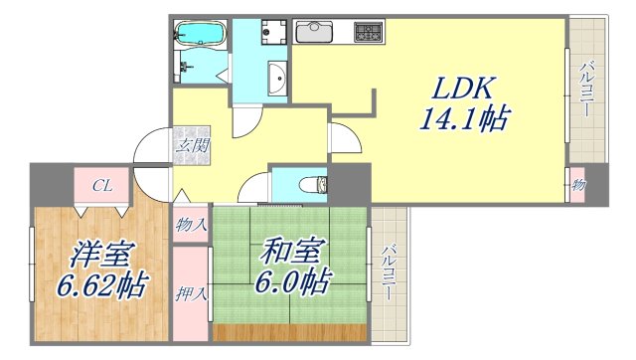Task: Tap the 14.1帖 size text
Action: tap(462, 121)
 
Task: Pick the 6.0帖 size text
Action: tap(291, 282)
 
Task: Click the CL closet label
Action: tap(101, 185)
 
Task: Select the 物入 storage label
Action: tap(191, 225)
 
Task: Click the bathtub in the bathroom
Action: tap(201, 35)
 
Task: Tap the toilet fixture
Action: tap(311, 186)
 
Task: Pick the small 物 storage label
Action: tap(577, 186)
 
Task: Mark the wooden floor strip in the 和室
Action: tap(289, 332)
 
